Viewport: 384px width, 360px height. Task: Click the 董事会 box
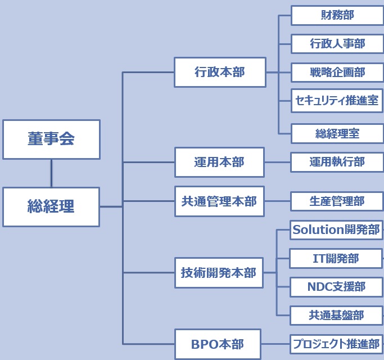(x=51, y=139)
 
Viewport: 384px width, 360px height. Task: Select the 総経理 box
(x=51, y=206)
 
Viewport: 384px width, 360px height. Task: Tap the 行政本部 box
(x=220, y=72)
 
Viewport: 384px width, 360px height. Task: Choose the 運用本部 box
(x=219, y=162)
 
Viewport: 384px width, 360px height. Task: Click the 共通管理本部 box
(x=219, y=201)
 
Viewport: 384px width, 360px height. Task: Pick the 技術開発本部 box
(x=219, y=273)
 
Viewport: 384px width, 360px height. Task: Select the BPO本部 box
(x=218, y=344)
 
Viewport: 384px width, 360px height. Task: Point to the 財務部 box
(x=337, y=15)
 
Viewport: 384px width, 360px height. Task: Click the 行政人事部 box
(x=337, y=43)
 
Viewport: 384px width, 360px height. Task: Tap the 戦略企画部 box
(x=337, y=72)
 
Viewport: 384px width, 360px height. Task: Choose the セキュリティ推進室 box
(x=337, y=101)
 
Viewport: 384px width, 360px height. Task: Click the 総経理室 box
(x=337, y=133)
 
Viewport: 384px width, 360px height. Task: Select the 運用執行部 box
(x=337, y=162)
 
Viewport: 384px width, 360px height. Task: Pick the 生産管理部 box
(x=337, y=201)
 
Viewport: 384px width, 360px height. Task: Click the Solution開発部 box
(x=336, y=229)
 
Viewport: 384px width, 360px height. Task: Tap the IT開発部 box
(x=336, y=258)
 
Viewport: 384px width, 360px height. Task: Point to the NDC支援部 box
(x=336, y=287)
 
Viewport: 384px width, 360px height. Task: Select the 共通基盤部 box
(x=336, y=316)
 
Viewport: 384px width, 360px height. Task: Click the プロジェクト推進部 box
(x=336, y=344)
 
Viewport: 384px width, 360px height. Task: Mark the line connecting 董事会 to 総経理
(x=51, y=173)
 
